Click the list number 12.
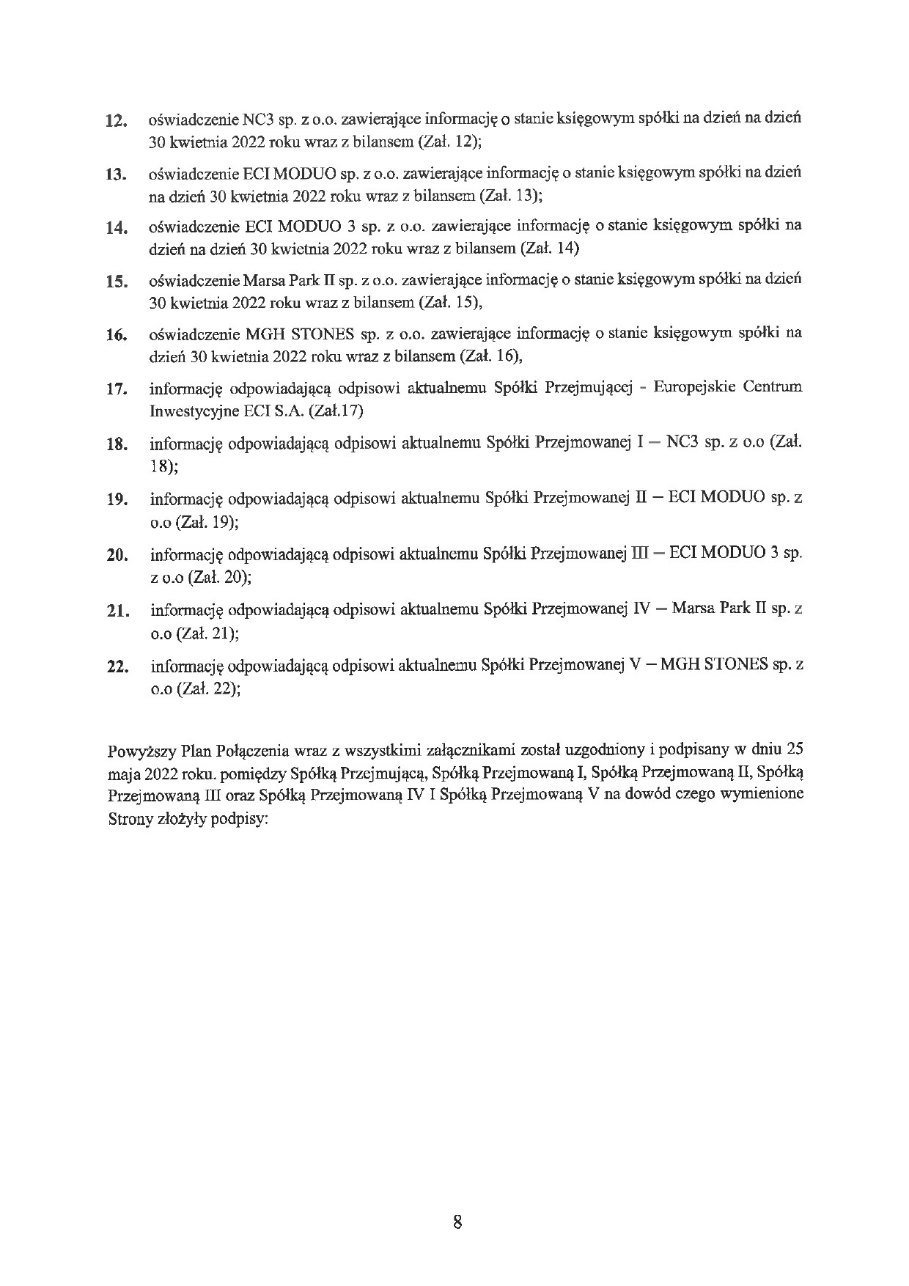click(117, 121)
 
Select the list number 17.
click(117, 389)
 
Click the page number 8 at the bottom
click(457, 1221)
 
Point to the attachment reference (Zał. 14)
click(549, 249)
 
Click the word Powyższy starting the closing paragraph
click(139, 751)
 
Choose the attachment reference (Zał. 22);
click(208, 689)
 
